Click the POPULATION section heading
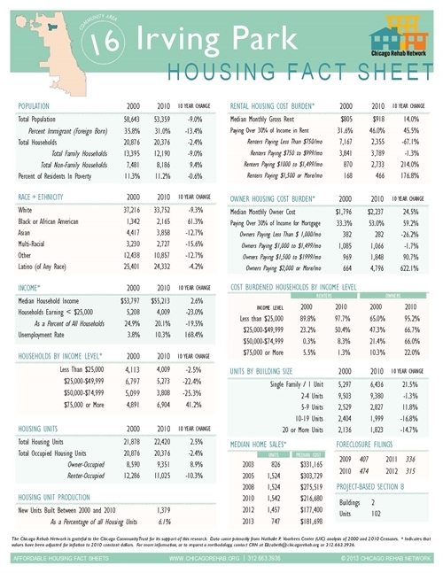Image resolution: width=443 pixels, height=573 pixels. (x=38, y=105)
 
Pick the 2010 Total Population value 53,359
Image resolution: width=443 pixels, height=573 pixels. (x=156, y=118)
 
